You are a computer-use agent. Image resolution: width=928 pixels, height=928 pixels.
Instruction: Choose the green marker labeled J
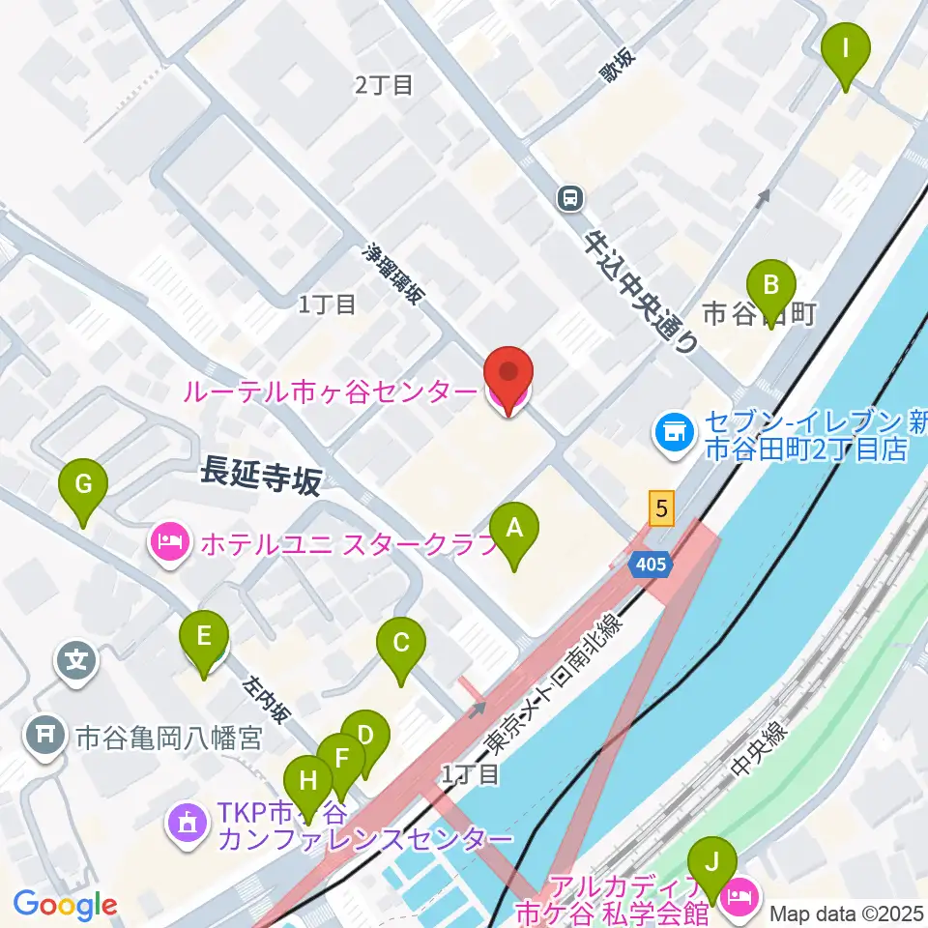(x=713, y=862)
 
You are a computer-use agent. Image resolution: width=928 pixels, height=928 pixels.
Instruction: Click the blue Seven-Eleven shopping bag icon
(x=671, y=427)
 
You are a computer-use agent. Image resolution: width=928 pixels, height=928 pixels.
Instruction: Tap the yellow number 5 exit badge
(x=661, y=508)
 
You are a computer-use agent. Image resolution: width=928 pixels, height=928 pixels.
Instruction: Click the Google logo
(x=65, y=906)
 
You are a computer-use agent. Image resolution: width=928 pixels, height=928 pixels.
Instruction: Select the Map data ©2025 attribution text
(x=847, y=912)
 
